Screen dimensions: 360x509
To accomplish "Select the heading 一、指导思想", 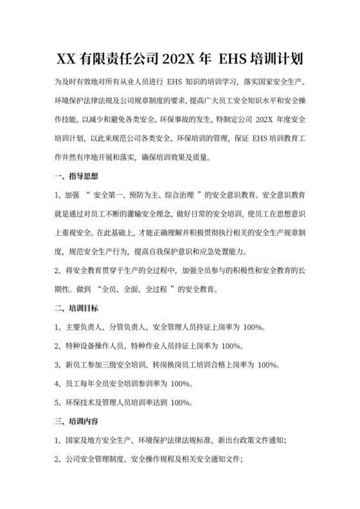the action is [76, 176].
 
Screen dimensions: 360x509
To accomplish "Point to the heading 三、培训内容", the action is [76, 422].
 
